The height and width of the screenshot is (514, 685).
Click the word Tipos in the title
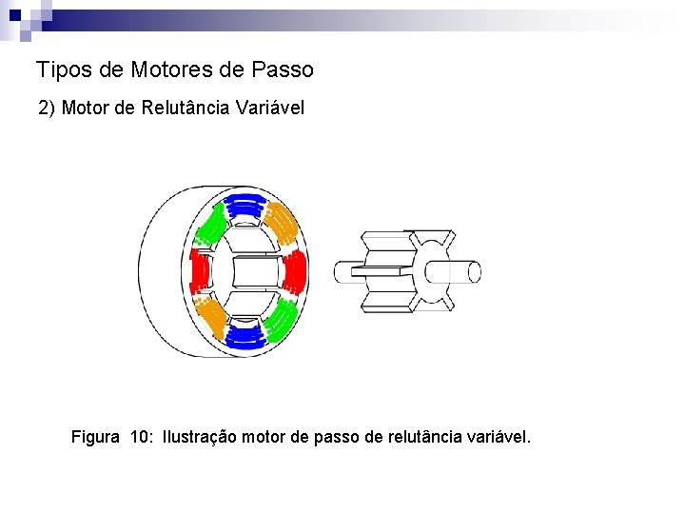click(59, 70)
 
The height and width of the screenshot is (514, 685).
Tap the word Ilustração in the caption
click(200, 437)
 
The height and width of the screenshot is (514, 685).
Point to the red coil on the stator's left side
click(201, 272)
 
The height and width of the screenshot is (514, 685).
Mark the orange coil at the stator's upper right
click(282, 224)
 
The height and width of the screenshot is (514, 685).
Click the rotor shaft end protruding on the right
click(465, 272)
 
